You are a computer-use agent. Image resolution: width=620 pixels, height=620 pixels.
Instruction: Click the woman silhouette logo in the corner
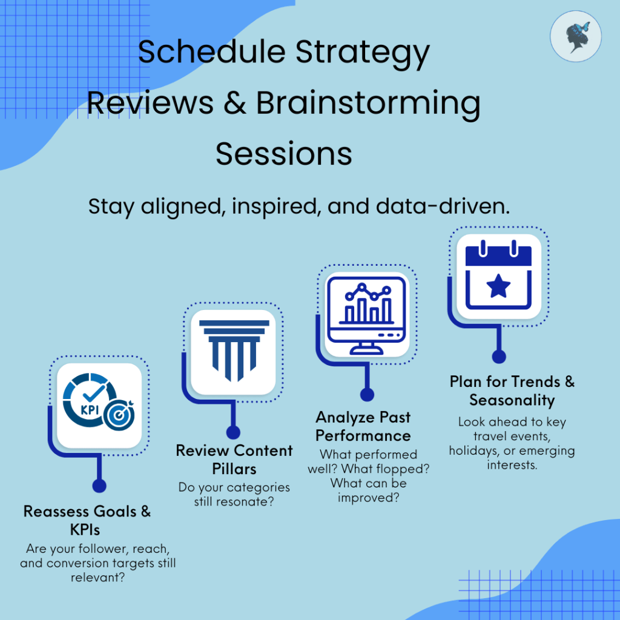click(576, 36)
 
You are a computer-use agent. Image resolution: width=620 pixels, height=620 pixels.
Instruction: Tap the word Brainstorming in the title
click(368, 104)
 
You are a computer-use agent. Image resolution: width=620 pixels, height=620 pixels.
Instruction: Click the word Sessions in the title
click(284, 154)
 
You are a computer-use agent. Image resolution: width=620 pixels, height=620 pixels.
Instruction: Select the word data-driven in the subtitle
click(443, 206)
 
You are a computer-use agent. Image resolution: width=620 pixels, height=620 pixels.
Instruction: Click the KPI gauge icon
click(99, 402)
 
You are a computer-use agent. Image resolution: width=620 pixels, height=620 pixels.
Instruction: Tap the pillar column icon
click(234, 351)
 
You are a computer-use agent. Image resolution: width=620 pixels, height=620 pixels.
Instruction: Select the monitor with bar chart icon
click(367, 315)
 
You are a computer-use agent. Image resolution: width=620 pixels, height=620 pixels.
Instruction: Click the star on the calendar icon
click(498, 286)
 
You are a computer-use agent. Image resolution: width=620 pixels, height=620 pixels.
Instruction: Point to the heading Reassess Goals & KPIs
click(87, 520)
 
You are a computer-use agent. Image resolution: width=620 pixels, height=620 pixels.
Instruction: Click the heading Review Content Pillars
click(234, 460)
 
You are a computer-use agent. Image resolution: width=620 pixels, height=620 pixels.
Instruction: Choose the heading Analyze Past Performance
click(363, 426)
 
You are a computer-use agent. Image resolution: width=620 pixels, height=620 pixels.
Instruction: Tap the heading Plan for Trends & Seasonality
click(512, 391)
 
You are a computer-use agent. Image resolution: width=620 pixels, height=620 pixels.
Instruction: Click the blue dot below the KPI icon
click(99, 486)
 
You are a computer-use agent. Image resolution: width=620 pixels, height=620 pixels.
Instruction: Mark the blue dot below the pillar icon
click(233, 432)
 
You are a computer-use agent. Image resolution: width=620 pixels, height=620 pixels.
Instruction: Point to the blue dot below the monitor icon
click(367, 394)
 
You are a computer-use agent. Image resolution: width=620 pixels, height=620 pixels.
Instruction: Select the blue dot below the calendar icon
click(499, 356)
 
